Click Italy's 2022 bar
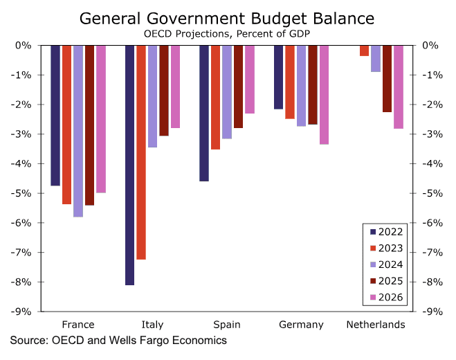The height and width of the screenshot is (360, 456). click(129, 165)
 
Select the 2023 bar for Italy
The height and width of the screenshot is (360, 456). click(141, 152)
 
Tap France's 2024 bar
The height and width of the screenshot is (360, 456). click(77, 131)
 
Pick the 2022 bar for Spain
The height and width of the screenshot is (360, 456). click(204, 113)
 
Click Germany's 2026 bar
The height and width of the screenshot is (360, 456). click(324, 94)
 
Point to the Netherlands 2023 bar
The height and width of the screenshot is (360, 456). click(364, 51)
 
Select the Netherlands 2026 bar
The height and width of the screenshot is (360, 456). click(399, 87)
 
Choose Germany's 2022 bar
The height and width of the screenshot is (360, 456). click(278, 77)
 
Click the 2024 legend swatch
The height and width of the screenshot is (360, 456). click(374, 264)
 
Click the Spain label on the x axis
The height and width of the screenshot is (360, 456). click(227, 325)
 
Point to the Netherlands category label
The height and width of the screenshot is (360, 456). click(376, 325)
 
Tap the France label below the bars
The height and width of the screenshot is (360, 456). click(78, 325)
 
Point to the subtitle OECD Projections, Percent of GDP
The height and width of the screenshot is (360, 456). click(228, 33)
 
